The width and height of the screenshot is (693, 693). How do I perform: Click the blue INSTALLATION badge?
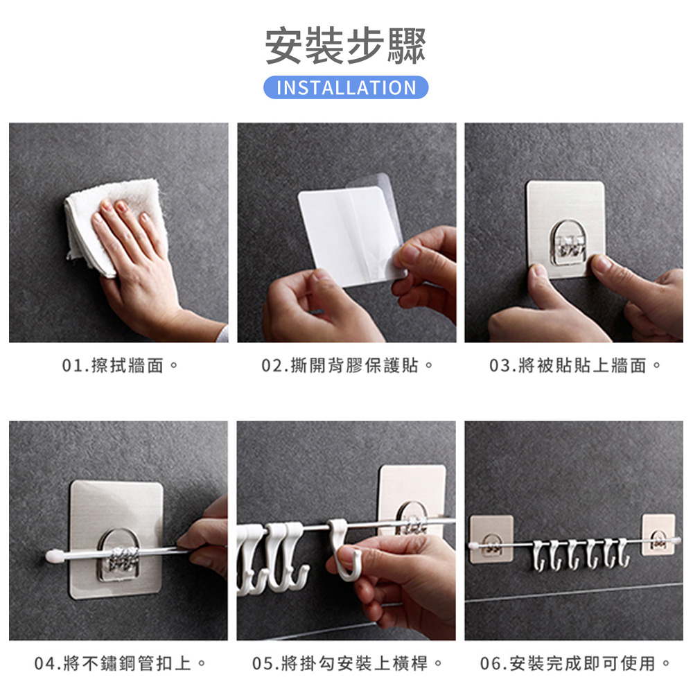[346, 87]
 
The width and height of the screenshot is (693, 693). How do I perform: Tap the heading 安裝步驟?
[346, 46]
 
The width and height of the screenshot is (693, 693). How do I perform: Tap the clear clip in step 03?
[566, 243]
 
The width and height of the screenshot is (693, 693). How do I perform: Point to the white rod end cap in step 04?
[51, 556]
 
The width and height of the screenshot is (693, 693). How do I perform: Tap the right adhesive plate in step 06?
[658, 534]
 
